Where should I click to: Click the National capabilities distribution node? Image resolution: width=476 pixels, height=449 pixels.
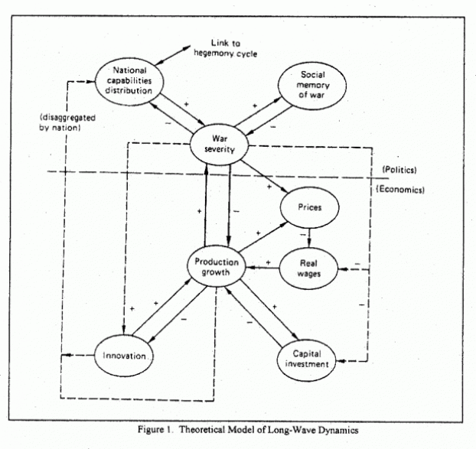tap(129, 81)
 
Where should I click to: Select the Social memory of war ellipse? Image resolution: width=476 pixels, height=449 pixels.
tap(312, 85)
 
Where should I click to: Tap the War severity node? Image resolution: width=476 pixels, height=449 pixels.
tap(219, 145)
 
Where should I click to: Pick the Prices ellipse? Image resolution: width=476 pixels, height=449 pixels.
tap(310, 207)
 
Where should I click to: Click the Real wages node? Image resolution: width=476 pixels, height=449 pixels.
tap(308, 268)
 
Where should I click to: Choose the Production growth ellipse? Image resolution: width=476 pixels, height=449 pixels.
tap(216, 266)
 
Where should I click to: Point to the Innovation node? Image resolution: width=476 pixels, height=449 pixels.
tap(124, 356)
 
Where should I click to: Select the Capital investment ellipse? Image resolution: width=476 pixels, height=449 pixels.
tap(307, 360)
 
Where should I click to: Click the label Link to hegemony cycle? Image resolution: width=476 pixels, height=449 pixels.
tap(226, 48)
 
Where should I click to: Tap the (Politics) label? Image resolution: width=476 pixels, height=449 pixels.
tap(399, 170)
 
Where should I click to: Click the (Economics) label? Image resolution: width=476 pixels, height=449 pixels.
tap(400, 189)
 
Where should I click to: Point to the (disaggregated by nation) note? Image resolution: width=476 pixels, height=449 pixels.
tap(67, 122)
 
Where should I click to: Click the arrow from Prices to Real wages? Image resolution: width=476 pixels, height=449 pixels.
tap(309, 238)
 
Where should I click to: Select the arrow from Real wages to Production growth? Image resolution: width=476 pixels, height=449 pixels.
tap(262, 268)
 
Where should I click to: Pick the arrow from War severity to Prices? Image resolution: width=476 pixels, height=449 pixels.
tap(264, 176)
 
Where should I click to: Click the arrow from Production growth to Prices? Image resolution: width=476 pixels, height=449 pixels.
tap(263, 237)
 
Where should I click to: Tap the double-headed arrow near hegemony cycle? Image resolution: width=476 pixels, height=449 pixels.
tap(172, 55)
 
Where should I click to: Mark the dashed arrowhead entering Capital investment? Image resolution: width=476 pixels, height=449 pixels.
tap(341, 361)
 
